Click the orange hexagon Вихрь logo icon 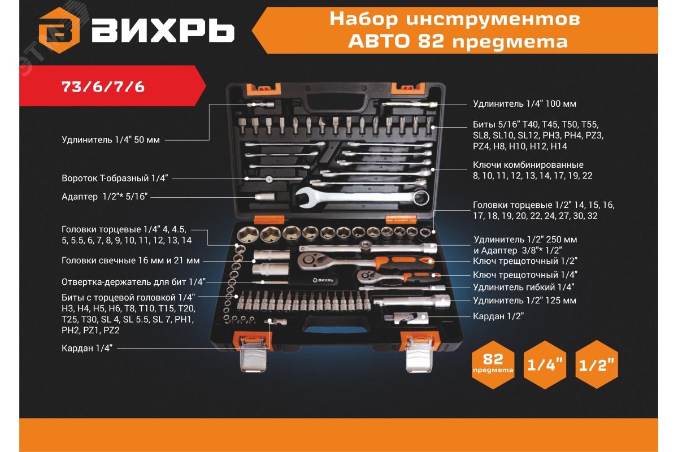tap(59, 31)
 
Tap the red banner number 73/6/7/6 tap(103, 87)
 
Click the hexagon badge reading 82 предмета tap(493, 364)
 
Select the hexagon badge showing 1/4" tap(545, 364)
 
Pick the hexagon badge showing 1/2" tap(596, 364)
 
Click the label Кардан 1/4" tap(87, 348)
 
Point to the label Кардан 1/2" tap(498, 316)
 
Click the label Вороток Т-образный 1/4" tap(115, 178)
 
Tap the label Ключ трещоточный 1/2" tap(525, 260)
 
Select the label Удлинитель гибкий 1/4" tap(524, 287)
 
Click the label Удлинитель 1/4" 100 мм tap(524, 104)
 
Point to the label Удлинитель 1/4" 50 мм tap(111, 140)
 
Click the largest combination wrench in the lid tap(362, 198)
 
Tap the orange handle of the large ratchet tap(405, 262)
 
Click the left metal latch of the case tap(254, 354)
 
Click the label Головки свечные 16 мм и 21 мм tap(131, 260)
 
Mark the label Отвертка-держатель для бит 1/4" tap(133, 282)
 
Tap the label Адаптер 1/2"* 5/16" tap(105, 197)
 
